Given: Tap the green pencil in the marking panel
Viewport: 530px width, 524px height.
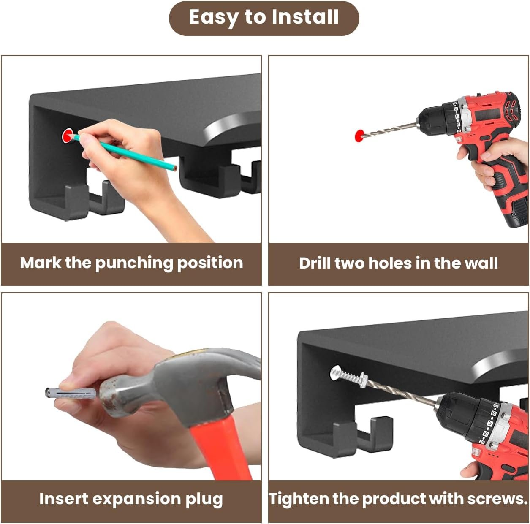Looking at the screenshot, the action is [x=124, y=152].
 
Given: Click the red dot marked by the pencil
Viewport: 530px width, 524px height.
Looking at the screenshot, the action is [x=67, y=136].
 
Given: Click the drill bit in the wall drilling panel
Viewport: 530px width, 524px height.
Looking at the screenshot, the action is [x=390, y=130].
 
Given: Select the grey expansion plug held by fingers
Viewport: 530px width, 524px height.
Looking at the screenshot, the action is [x=71, y=393].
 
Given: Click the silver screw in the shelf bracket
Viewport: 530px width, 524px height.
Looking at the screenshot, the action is [x=349, y=375].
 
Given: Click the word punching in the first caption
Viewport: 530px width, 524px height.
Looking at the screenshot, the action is [x=134, y=263].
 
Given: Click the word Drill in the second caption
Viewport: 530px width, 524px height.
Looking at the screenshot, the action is [x=314, y=263].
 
